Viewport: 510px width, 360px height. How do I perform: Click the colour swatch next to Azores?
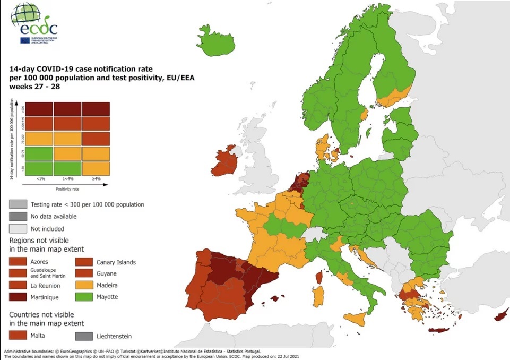tap(18, 262)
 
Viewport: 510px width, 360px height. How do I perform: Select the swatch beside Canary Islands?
tap(84, 262)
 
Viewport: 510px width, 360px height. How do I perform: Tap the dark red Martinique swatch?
tap(18, 297)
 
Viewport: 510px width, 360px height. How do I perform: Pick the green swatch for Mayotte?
tap(84, 297)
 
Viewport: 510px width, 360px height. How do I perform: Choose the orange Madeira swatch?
tap(84, 286)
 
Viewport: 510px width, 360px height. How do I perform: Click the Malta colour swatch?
tap(18, 336)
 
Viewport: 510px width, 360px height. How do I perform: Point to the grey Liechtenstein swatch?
tap(84, 336)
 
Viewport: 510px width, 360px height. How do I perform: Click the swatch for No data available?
tap(18, 217)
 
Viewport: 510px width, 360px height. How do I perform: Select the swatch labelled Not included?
tap(18, 229)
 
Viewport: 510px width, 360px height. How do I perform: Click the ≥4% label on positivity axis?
tap(96, 179)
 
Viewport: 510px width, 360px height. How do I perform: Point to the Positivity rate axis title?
tap(67, 188)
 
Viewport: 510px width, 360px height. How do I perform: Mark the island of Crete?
tap(442, 331)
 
